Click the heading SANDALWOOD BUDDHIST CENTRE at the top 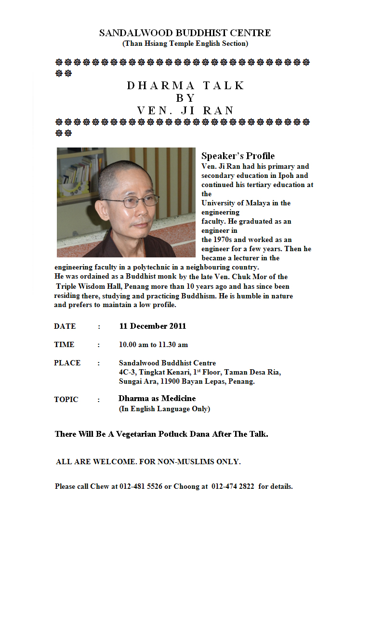tap(185, 33)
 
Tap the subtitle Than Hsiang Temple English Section tap(185, 43)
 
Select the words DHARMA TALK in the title tap(186, 86)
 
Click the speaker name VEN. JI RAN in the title tap(185, 110)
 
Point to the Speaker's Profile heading tap(238, 156)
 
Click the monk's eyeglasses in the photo tap(131, 201)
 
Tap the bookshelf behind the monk tap(79, 174)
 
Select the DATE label tap(65, 326)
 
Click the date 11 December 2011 tap(153, 326)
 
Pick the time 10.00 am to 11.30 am tap(153, 345)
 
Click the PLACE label tap(67, 363)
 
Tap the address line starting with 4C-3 tap(200, 372)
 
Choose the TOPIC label tap(66, 400)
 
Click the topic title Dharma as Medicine tap(157, 399)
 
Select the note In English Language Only tap(164, 409)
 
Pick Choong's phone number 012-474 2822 tap(233, 486)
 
